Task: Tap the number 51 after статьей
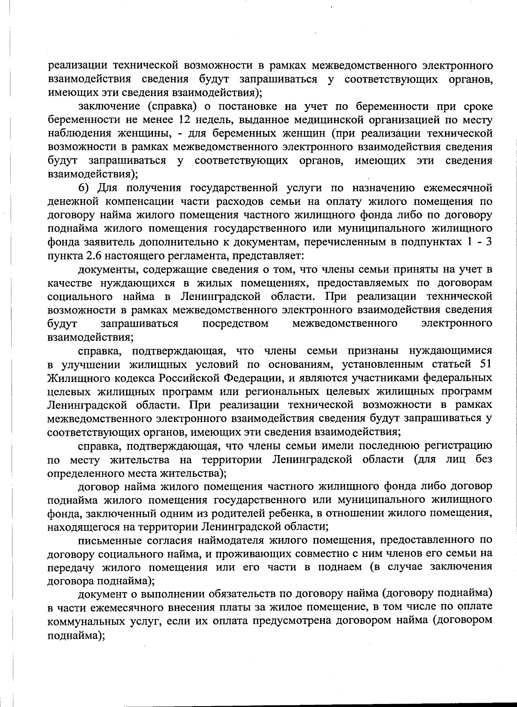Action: point(486,364)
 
